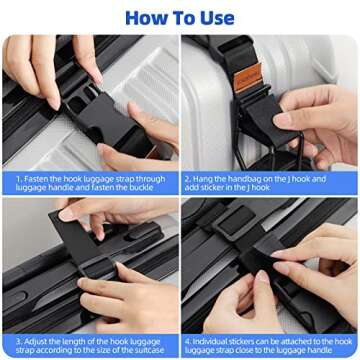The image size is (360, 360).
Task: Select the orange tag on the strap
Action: coord(247,74)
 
